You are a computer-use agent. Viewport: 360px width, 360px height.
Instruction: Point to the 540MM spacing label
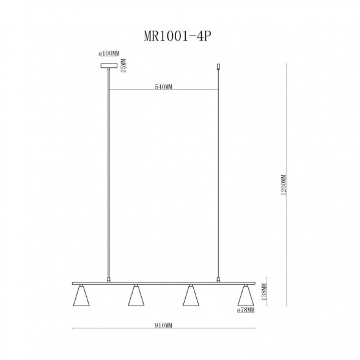point(164,87)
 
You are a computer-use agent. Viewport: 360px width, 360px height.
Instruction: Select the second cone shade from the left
point(136,296)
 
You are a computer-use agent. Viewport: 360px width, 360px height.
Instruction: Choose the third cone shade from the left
point(191,296)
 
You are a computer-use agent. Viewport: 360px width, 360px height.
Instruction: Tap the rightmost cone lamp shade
point(246,296)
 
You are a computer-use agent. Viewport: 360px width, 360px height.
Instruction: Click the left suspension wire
point(109,183)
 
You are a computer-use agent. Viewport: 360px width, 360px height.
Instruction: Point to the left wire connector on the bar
point(109,280)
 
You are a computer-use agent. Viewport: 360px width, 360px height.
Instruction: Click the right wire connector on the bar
point(218,280)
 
